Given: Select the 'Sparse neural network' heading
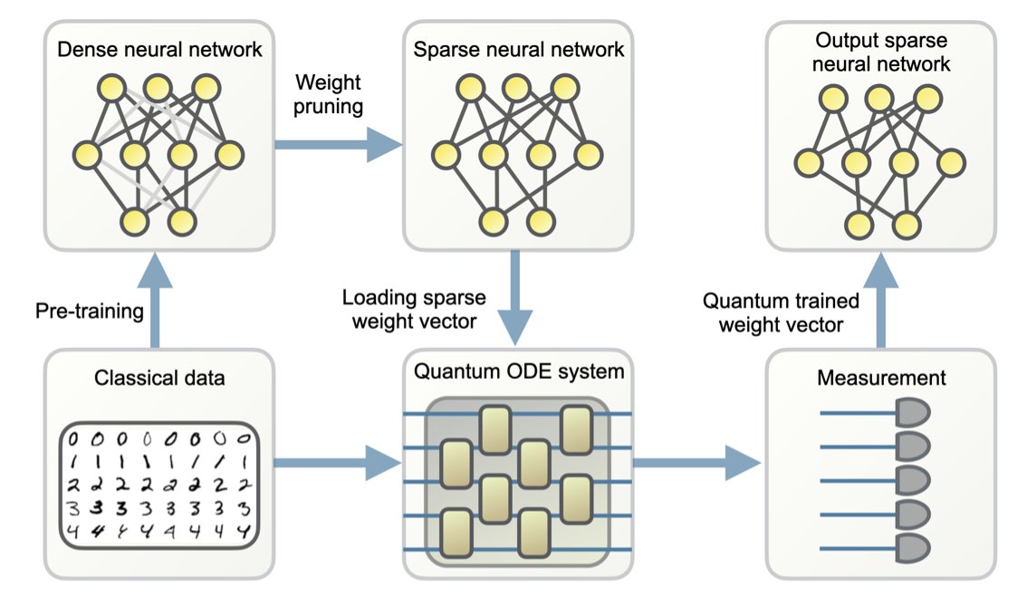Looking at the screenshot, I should click(x=518, y=49).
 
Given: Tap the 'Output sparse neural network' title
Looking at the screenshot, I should click(x=882, y=53).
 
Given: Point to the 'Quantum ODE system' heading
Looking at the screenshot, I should click(x=519, y=371).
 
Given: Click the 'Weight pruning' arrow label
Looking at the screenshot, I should click(x=328, y=94).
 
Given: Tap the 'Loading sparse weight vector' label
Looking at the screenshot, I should click(x=414, y=309).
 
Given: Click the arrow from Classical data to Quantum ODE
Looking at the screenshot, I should click(x=335, y=464).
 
